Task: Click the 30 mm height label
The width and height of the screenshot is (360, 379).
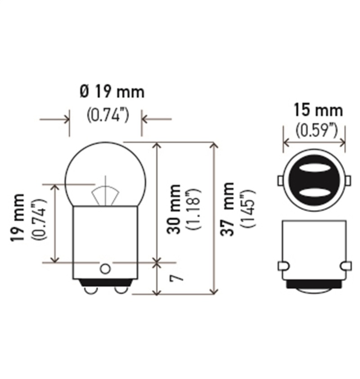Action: (x=174, y=209)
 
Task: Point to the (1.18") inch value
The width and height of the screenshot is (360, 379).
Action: (x=194, y=209)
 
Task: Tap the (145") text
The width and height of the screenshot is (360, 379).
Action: (x=249, y=209)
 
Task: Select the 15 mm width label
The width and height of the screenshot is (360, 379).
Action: (x=317, y=109)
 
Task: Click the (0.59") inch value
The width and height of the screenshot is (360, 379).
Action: (x=317, y=130)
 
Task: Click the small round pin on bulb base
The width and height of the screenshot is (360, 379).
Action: (x=105, y=269)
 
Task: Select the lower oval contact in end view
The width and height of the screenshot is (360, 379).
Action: (x=314, y=192)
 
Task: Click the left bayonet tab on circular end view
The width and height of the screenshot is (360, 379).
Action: (x=279, y=181)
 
